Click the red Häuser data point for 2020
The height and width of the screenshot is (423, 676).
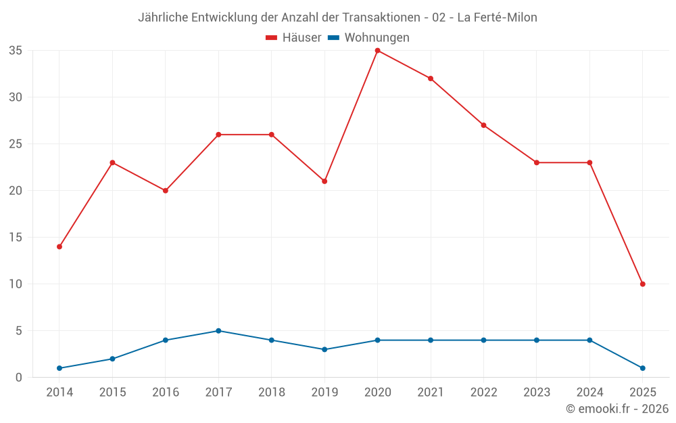coord(377,51)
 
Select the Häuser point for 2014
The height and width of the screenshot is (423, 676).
coord(59,246)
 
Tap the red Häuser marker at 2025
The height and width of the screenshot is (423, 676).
coord(642,284)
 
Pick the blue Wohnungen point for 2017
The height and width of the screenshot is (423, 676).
coord(218,331)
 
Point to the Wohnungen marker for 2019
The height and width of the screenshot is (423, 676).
coord(324,349)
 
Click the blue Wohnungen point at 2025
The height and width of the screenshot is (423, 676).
coord(642,368)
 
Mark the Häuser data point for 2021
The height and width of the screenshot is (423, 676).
coord(431,79)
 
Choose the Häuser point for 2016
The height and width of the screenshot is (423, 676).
coord(166,191)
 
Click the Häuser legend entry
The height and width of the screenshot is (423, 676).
coord(293,38)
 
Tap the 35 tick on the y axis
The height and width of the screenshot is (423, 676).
coord(16,51)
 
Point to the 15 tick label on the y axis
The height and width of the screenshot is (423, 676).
coord(16,238)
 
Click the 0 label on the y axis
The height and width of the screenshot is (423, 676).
coord(19,378)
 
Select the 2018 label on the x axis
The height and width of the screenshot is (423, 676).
coord(271,393)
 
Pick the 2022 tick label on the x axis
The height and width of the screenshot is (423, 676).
coord(483,393)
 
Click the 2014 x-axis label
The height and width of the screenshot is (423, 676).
coord(59,393)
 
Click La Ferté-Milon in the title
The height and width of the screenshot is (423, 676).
coord(497,18)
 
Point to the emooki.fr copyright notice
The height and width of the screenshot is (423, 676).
coord(617,409)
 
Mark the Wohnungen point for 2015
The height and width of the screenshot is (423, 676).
coord(112,359)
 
